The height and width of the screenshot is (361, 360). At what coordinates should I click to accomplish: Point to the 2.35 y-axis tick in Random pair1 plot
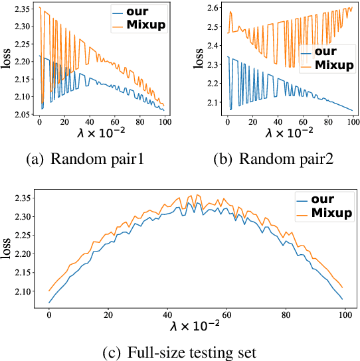[x=23, y=9]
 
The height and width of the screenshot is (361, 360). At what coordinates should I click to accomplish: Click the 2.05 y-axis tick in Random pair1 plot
[x=23, y=115]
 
